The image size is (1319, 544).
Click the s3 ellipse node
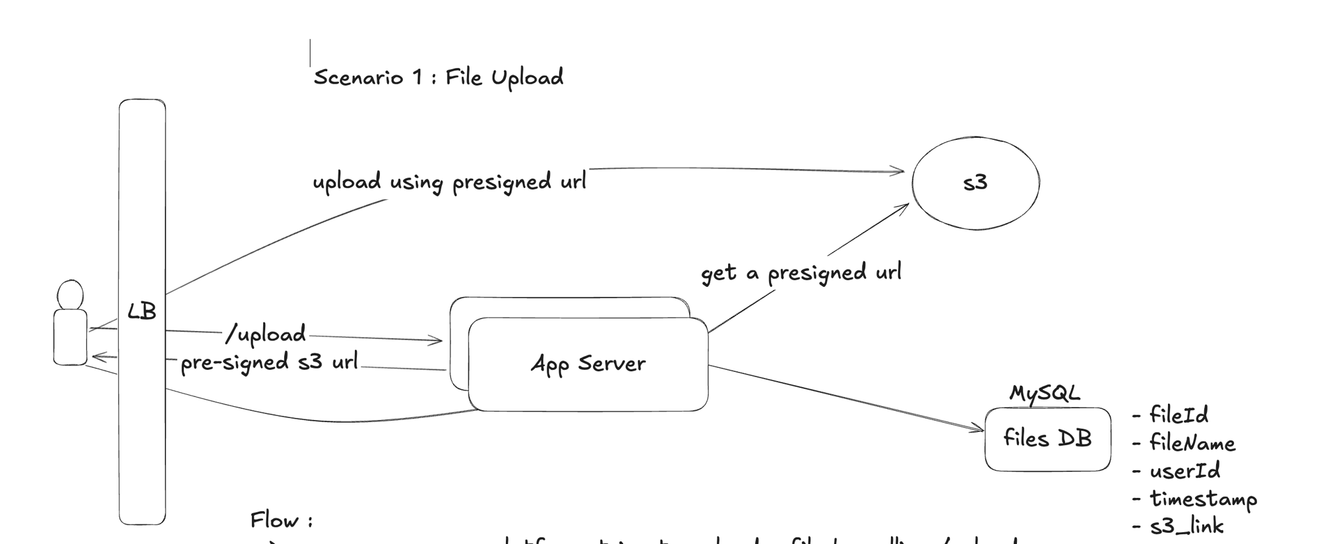coord(975,183)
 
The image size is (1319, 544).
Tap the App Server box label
coord(588,363)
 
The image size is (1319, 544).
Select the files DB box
coord(1047,439)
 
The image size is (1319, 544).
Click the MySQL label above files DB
coord(1045,394)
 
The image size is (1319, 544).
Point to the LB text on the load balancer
coord(142,311)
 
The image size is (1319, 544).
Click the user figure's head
coord(71,294)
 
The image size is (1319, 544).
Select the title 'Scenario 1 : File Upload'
coord(439,78)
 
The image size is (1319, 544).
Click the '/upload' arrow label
coord(266,334)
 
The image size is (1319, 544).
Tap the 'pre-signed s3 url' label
coord(269,363)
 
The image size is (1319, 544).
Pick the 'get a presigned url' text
coord(801,272)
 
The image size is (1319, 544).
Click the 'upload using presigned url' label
coord(449,182)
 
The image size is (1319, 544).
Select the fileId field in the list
coord(1178,415)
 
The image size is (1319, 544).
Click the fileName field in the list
coord(1191,442)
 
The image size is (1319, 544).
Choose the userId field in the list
coord(1184,471)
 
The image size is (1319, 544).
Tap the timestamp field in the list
coord(1202,499)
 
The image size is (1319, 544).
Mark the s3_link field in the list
coord(1186,526)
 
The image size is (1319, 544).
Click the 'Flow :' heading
coord(281,520)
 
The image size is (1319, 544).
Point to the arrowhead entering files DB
coord(980,430)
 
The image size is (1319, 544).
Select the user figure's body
coord(70,337)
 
